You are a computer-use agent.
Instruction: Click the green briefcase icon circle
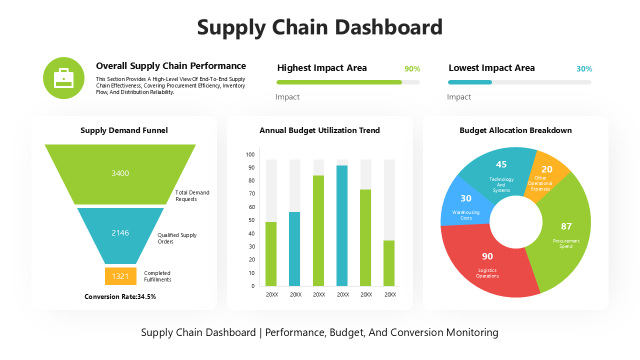[x=63, y=78]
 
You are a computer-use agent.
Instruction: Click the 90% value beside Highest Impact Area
[x=412, y=69]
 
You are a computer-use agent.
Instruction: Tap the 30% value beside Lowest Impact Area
[x=584, y=69]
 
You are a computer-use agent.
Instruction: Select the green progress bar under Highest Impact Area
[x=339, y=82]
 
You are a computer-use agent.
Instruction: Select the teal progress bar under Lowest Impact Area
[x=469, y=82]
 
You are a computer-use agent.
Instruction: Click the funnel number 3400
[x=120, y=173]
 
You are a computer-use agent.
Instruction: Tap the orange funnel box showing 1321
[x=120, y=276]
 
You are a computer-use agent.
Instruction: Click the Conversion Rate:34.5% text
[x=120, y=296]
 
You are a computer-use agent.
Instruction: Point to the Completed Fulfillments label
[x=157, y=276]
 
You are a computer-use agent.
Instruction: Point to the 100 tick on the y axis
[x=250, y=154]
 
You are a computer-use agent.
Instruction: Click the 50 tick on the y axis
[x=251, y=220]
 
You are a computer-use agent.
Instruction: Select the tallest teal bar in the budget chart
[x=342, y=225]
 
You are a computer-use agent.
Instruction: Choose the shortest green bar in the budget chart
[x=389, y=263]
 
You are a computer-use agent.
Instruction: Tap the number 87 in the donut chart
[x=566, y=226]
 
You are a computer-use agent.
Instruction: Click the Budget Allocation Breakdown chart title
[x=515, y=130]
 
